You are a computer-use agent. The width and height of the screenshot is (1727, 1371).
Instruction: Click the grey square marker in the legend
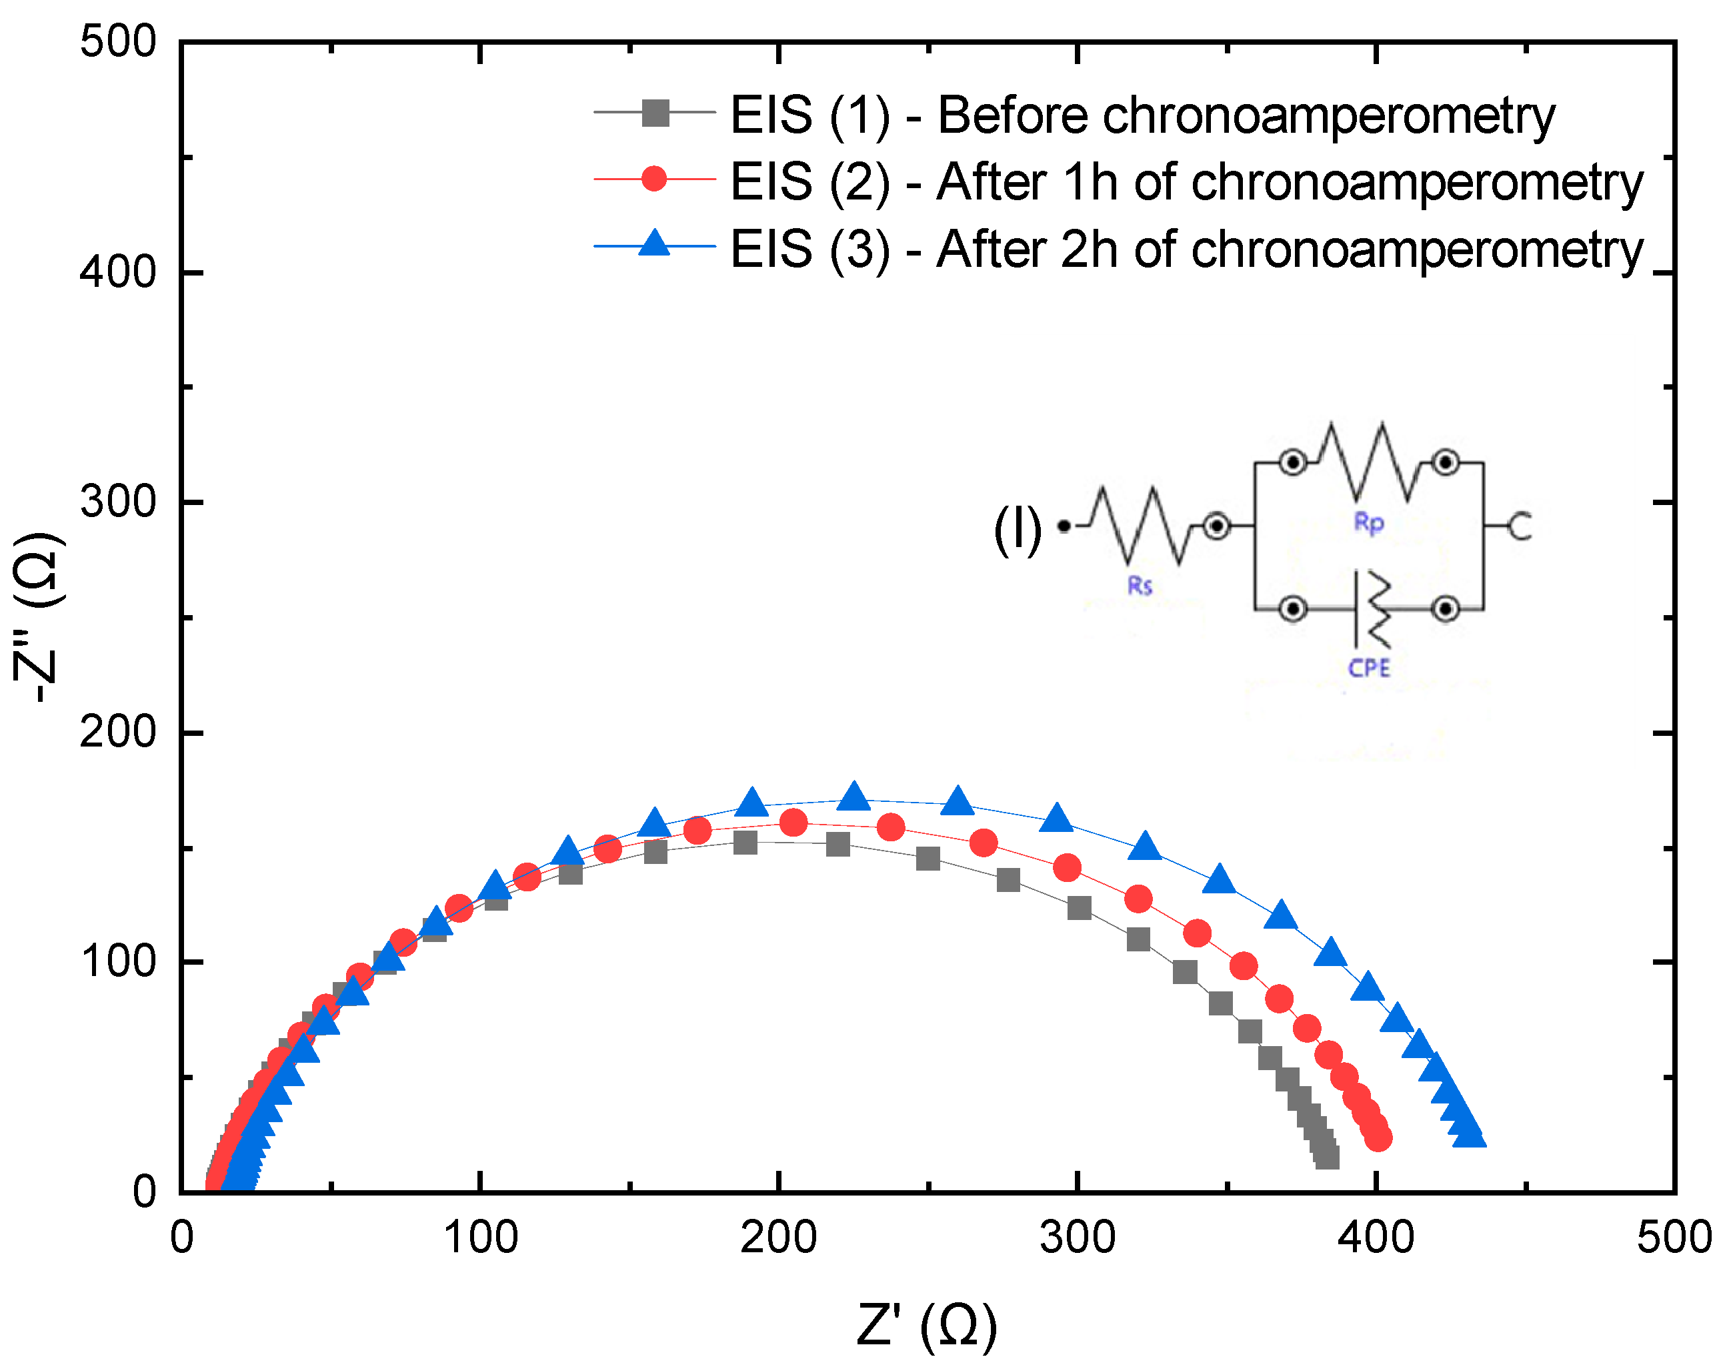(x=655, y=113)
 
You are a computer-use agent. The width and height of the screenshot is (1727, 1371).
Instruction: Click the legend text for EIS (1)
(x=1142, y=115)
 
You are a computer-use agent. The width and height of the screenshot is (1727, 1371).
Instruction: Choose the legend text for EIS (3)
(x=1186, y=250)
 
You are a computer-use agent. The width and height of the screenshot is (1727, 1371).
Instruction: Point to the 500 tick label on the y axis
(x=118, y=41)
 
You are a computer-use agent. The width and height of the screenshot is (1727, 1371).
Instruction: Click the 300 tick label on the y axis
(x=118, y=502)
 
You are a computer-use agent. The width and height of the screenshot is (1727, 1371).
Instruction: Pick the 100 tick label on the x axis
(x=481, y=1239)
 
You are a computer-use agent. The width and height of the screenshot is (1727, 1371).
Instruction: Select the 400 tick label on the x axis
(x=1376, y=1239)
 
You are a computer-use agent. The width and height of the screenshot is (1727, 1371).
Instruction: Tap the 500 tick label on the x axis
(x=1674, y=1239)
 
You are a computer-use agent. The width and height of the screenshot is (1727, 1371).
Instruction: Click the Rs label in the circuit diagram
(x=1140, y=586)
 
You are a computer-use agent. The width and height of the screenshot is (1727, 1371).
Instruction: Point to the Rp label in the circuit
(x=1369, y=522)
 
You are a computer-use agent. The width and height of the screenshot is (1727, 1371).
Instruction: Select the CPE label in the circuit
(x=1369, y=667)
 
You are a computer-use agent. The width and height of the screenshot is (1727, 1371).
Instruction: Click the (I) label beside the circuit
(x=1018, y=529)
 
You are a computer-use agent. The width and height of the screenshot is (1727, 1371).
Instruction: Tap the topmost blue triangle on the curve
(x=855, y=797)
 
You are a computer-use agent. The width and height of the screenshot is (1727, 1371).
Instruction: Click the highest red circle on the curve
(x=793, y=822)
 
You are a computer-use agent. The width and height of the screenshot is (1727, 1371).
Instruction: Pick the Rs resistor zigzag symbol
(x=1139, y=526)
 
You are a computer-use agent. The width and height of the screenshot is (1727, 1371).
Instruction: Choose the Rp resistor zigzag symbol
(x=1369, y=462)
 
